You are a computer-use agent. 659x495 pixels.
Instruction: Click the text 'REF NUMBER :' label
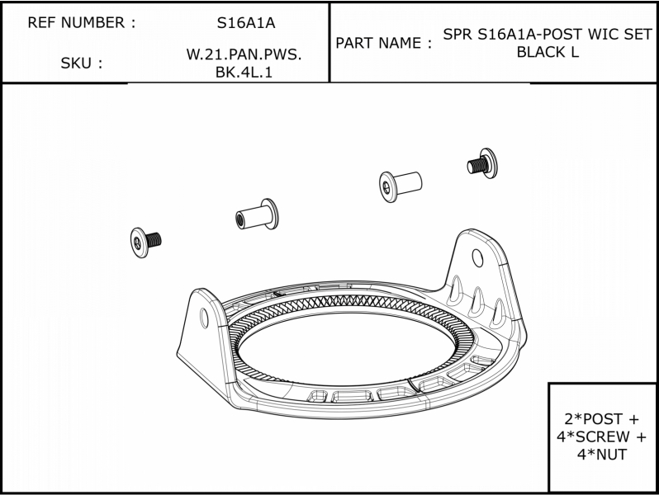[x=82, y=22]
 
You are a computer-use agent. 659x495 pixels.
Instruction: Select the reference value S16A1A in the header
[x=246, y=22]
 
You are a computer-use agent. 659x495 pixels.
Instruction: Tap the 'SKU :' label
[x=82, y=63]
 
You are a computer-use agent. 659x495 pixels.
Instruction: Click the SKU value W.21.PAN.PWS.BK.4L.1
[x=244, y=63]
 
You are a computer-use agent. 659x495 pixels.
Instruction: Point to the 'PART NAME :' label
[x=383, y=43]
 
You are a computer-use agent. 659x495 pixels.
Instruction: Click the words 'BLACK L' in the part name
[x=548, y=52]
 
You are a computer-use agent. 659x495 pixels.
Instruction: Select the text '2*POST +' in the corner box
[x=601, y=418]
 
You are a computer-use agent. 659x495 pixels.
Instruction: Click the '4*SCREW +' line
[x=601, y=436]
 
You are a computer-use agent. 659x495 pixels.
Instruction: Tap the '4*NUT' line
[x=601, y=455]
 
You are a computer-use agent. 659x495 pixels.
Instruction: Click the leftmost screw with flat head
[x=145, y=243]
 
